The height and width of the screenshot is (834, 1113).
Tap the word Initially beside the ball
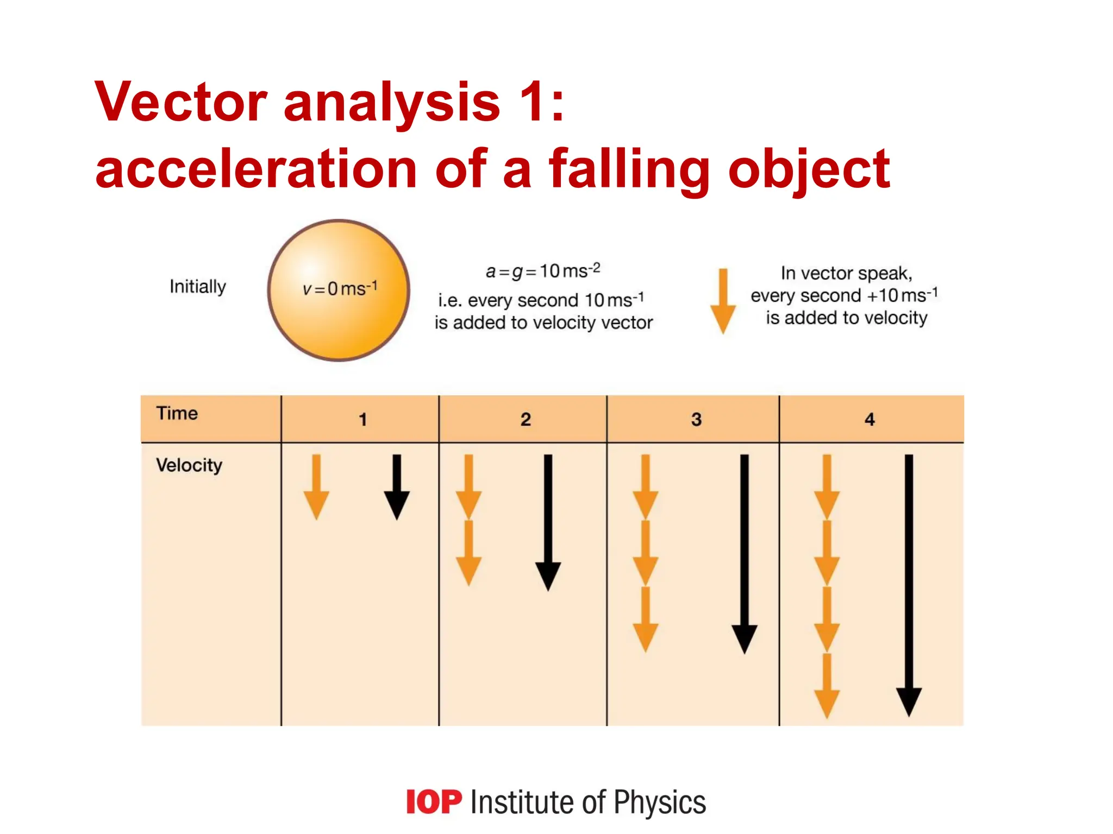(198, 286)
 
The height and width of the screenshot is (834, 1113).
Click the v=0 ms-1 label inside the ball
(340, 288)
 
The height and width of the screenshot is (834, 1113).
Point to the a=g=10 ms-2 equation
(543, 270)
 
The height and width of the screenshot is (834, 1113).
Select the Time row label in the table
(177, 413)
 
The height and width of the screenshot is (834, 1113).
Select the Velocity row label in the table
(189, 465)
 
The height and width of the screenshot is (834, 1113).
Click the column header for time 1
(362, 419)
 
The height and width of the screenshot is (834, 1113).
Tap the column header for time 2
(526, 419)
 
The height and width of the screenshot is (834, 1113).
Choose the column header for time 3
(696, 419)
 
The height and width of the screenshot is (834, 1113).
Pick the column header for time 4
(870, 419)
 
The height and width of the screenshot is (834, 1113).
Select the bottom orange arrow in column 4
(827, 686)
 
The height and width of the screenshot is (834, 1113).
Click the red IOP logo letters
(434, 802)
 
